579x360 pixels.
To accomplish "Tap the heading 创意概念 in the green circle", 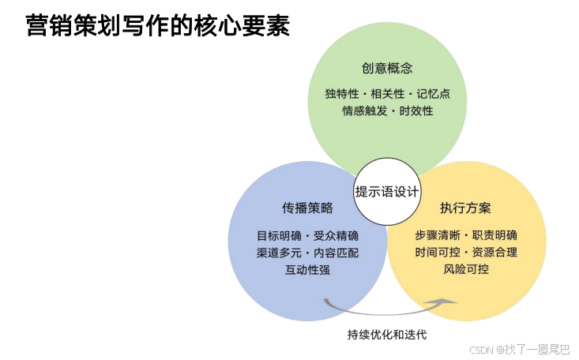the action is [387, 68].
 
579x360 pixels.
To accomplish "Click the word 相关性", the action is [387, 94].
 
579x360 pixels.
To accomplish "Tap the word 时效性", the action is [416, 111].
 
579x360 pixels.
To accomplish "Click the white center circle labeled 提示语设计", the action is [387, 192].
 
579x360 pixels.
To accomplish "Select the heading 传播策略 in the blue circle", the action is [307, 208].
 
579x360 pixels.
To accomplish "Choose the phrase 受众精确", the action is [336, 235].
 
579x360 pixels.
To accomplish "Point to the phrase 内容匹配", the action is [336, 253].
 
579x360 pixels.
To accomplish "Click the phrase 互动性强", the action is [307, 270].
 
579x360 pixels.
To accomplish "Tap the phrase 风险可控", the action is [466, 270].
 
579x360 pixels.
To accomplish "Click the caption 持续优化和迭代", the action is [387, 335].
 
